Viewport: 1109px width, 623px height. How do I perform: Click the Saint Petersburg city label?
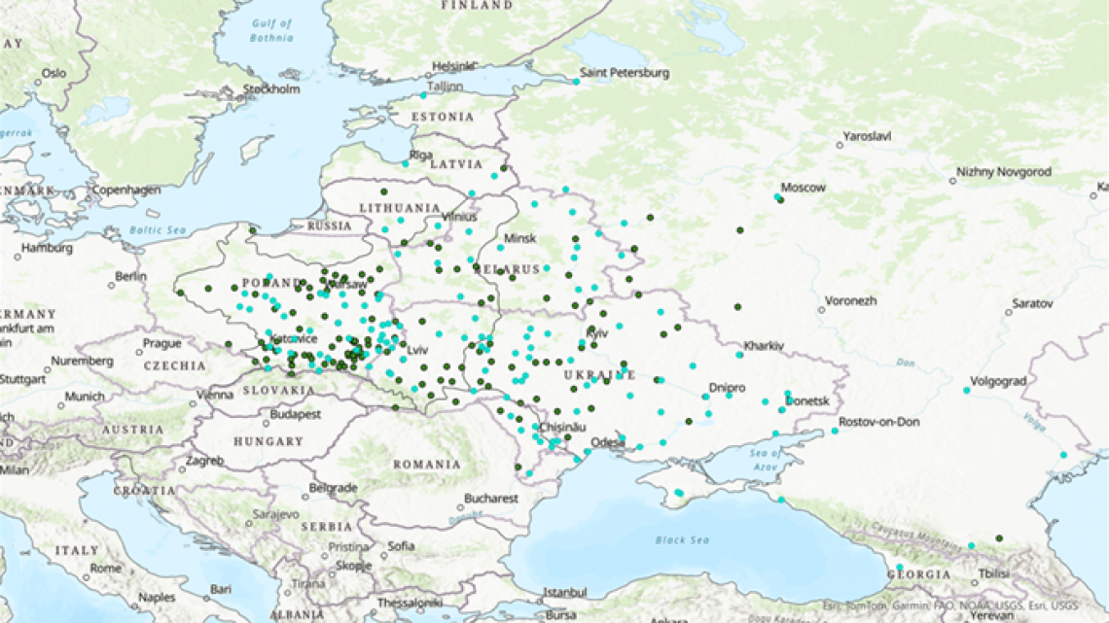pyautogui.click(x=624, y=73)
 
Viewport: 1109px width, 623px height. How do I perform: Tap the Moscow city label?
pyautogui.click(x=804, y=188)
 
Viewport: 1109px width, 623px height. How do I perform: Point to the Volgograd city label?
pyautogui.click(x=998, y=382)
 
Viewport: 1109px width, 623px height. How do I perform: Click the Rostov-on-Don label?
pyautogui.click(x=878, y=421)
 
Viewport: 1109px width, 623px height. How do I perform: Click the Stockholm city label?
pyautogui.click(x=271, y=89)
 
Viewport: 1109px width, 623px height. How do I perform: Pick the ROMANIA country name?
pyautogui.click(x=427, y=465)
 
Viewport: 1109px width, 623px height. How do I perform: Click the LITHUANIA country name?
pyautogui.click(x=399, y=208)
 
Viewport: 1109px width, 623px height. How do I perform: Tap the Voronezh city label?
pyautogui.click(x=850, y=301)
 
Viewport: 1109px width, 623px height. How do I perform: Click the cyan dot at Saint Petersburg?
pyautogui.click(x=576, y=82)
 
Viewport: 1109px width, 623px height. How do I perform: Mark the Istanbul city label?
pyautogui.click(x=565, y=591)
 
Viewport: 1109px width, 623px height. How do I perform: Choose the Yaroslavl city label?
pyautogui.click(x=867, y=137)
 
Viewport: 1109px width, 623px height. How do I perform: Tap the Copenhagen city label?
pyautogui.click(x=126, y=190)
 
